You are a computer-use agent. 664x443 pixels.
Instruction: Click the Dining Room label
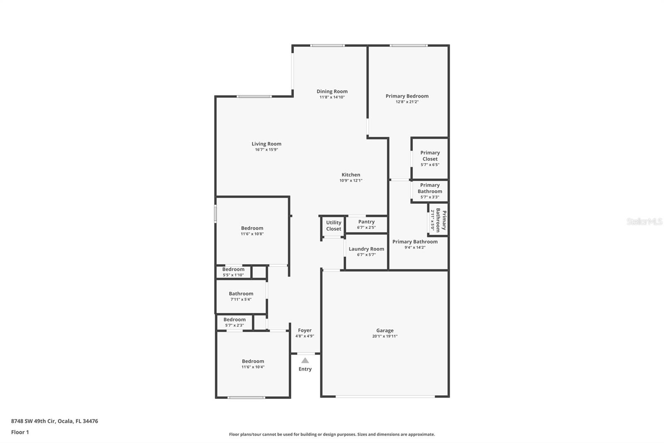332,91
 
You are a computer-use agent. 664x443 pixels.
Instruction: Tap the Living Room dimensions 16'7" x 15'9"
266,150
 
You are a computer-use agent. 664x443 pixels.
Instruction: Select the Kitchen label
351,175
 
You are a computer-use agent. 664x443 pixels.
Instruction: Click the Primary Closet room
430,158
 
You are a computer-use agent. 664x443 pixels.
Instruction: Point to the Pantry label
366,222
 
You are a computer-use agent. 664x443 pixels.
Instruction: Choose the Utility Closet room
333,226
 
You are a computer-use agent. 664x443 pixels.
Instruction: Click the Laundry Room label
366,249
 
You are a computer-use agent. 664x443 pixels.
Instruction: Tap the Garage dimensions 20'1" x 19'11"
385,336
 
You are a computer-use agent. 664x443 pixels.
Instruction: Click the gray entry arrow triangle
305,360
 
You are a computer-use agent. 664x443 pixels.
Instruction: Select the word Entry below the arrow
305,369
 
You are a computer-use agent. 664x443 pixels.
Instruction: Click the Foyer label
305,330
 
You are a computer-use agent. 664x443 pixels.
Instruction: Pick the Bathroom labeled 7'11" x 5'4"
241,296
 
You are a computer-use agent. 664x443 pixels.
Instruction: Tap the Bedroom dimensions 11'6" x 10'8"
252,234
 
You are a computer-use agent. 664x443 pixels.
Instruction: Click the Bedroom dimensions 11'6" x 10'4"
253,367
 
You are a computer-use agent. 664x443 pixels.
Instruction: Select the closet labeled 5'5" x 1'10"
233,272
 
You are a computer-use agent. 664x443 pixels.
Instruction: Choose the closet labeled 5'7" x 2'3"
234,322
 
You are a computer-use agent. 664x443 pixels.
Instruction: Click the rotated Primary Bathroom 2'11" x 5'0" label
438,220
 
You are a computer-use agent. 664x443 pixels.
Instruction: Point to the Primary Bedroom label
407,96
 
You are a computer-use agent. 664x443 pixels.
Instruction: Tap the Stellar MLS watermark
644,221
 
